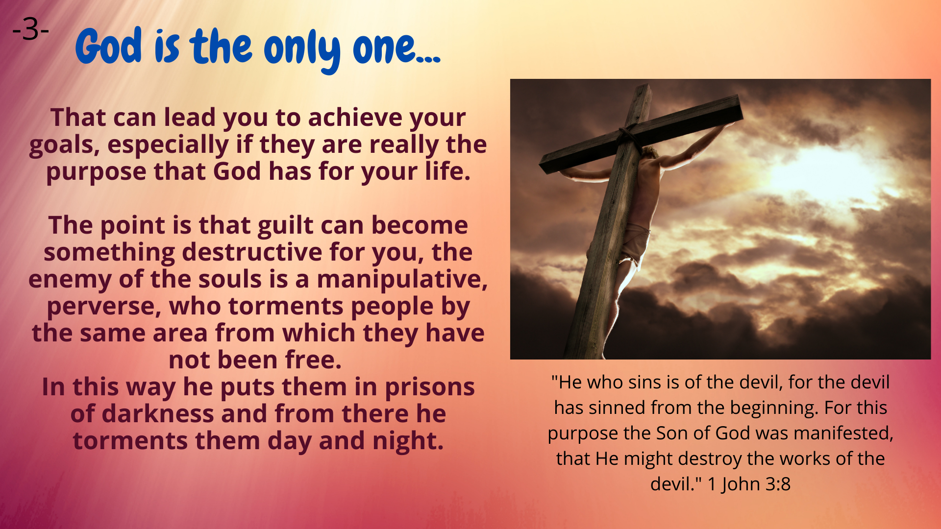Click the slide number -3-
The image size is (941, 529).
coord(30,30)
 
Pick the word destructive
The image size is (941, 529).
coord(252,252)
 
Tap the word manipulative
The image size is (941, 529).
coord(402,280)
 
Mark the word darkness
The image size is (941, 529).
coord(158,414)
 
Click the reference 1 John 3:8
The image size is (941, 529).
coord(749,484)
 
